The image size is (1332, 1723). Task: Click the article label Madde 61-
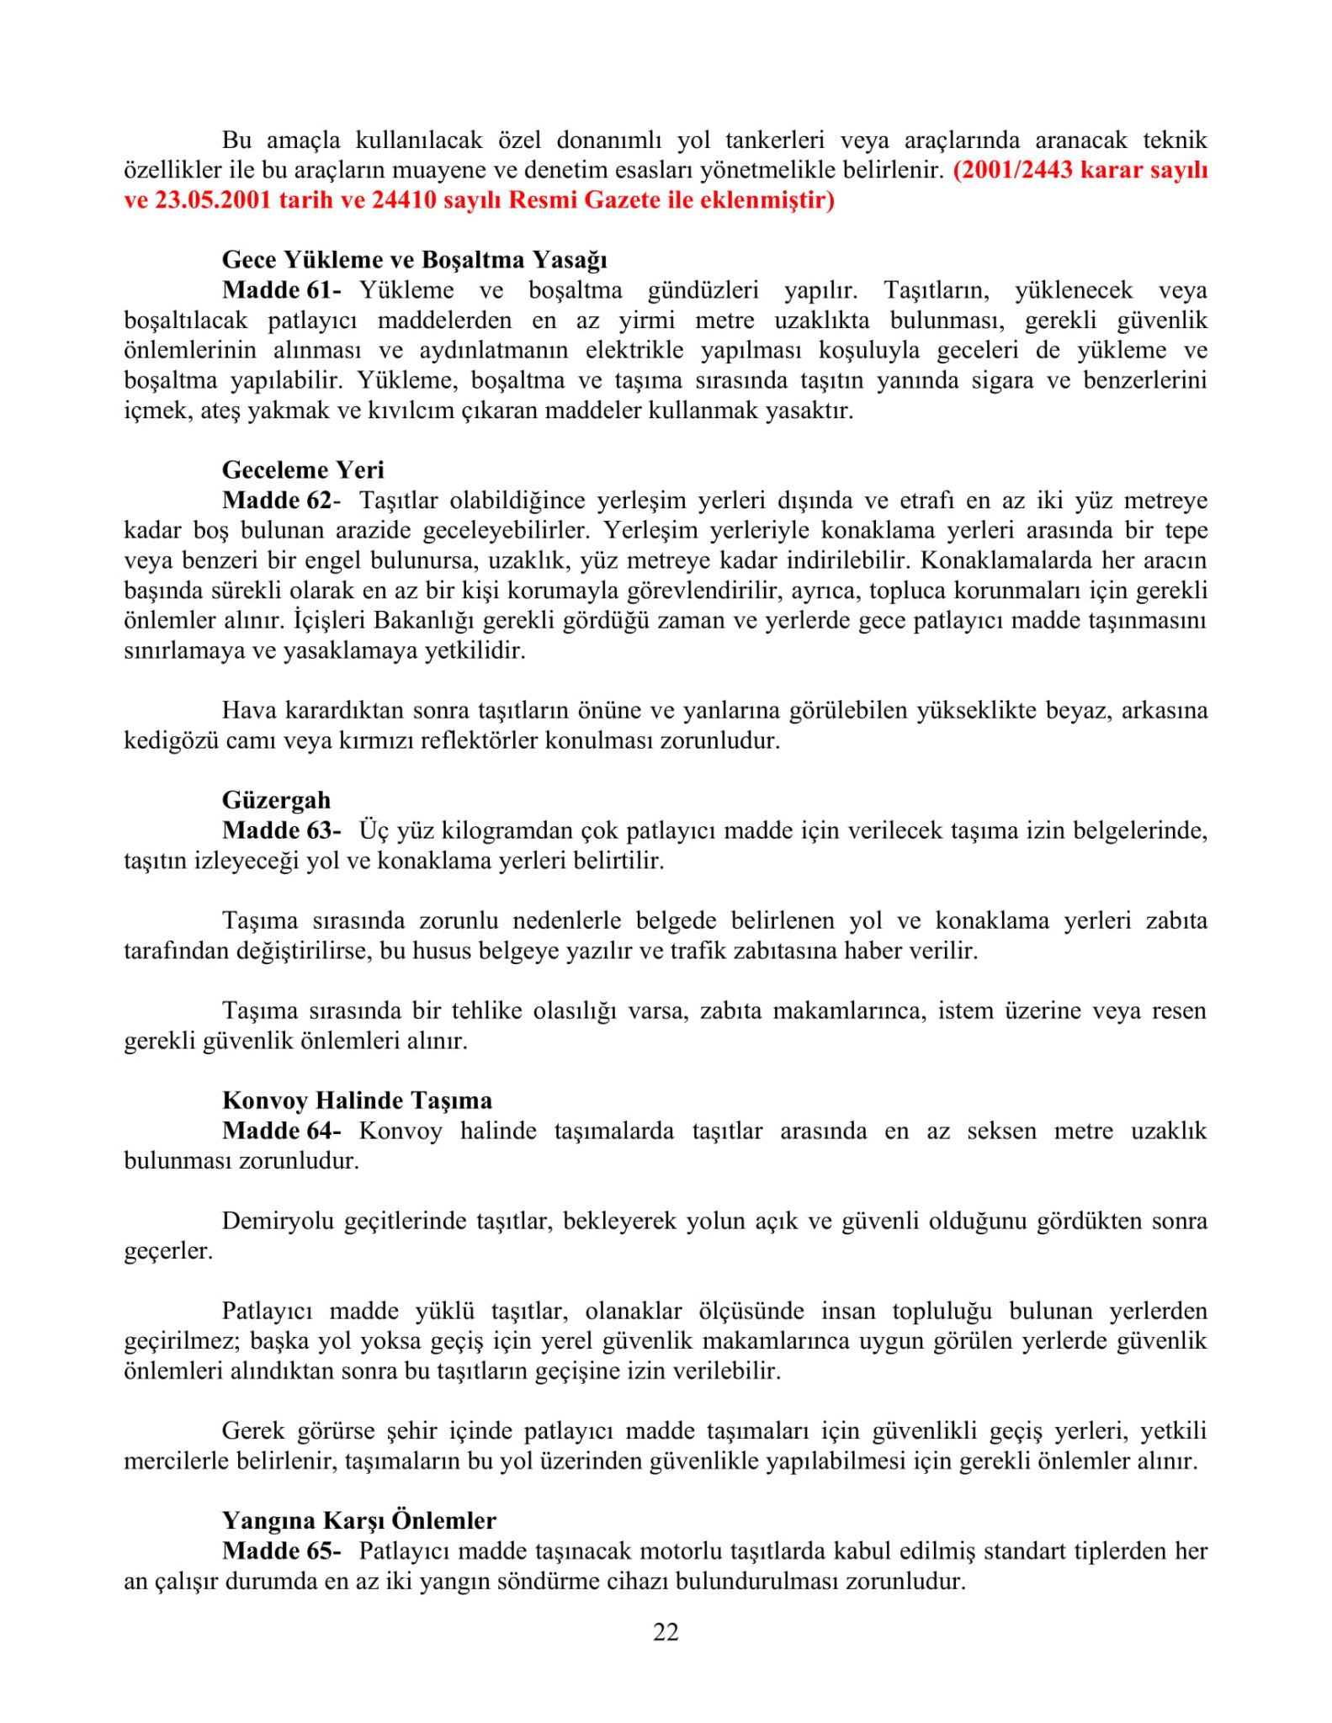tap(281, 290)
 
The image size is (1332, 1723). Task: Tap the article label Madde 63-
tap(281, 830)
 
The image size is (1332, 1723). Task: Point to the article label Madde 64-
tap(281, 1131)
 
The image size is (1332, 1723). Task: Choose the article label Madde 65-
tap(281, 1551)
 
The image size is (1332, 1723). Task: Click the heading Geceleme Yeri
tap(303, 469)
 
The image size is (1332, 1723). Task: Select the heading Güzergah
tap(276, 800)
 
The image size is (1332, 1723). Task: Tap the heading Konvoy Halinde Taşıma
tap(357, 1100)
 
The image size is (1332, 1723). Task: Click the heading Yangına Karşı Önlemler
tap(358, 1521)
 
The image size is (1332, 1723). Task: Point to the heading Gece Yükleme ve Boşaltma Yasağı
tap(414, 260)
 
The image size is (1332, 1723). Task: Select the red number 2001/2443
tap(1013, 171)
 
